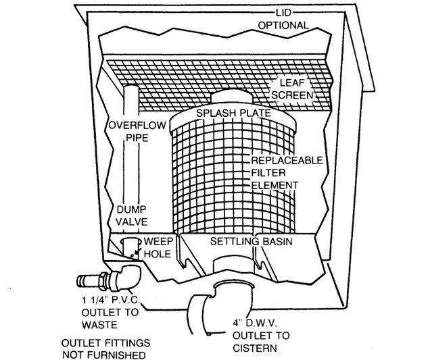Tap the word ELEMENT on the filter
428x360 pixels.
[275, 184]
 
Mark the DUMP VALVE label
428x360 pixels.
[132, 215]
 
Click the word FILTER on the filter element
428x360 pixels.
[268, 173]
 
